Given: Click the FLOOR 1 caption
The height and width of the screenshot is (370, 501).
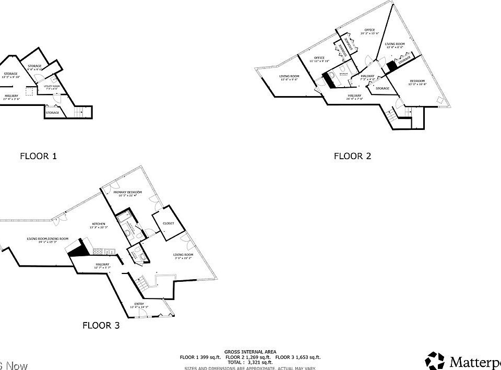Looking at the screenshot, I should tap(38, 156).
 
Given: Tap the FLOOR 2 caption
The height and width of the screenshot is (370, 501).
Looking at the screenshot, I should tap(352, 156).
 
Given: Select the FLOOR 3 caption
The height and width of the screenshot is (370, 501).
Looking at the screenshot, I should tap(101, 325).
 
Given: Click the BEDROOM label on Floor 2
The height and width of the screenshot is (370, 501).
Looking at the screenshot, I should tap(417, 80).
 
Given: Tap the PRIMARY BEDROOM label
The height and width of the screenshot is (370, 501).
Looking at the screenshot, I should tap(128, 192).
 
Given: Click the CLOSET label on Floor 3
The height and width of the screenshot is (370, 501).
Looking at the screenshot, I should tap(169, 223).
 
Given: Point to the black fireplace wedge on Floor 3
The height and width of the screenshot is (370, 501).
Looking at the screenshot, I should tap(78, 249).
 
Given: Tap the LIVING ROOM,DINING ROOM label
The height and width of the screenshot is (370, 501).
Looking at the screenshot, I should tap(48, 238).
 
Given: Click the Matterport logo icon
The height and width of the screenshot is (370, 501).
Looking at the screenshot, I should tap(434, 360).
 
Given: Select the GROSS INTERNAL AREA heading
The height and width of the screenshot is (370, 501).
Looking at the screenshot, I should tap(250, 352).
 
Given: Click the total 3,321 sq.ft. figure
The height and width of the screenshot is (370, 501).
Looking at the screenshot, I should tap(250, 362).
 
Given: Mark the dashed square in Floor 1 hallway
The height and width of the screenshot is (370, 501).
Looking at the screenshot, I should tap(30, 91).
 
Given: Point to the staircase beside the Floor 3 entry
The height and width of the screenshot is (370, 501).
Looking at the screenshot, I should tap(140, 285).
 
